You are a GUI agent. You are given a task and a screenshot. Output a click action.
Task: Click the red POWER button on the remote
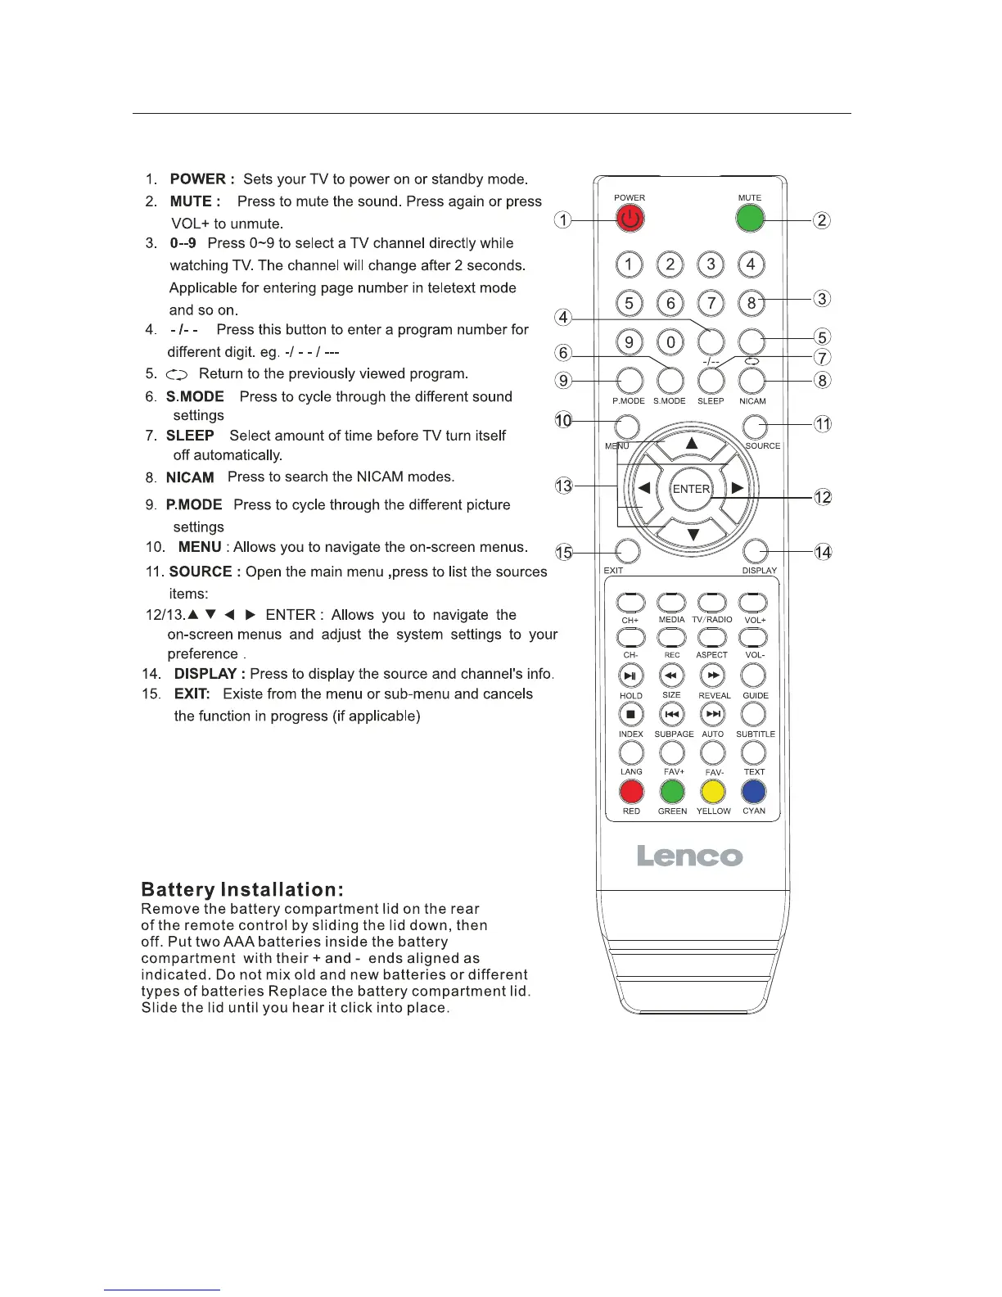(630, 219)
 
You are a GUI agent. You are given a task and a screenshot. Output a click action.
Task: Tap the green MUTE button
(750, 218)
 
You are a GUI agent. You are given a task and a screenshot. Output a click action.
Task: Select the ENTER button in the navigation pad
(691, 489)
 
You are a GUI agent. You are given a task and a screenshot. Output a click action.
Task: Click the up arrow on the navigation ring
(692, 444)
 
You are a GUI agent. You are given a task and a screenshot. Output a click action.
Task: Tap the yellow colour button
(713, 792)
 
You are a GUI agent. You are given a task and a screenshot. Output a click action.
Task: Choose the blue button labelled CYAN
(753, 792)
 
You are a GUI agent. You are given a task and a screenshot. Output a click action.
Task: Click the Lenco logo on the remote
(690, 856)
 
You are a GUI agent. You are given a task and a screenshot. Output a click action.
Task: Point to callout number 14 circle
(823, 552)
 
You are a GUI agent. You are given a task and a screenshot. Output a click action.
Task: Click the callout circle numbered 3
(823, 299)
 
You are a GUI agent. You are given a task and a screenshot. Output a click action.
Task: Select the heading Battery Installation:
(242, 890)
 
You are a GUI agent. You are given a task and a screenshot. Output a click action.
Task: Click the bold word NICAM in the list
(190, 477)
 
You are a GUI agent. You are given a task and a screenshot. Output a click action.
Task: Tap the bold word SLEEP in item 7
(190, 436)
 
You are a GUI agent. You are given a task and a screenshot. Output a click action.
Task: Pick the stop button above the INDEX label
(630, 714)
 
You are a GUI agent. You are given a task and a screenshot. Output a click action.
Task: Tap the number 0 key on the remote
(670, 342)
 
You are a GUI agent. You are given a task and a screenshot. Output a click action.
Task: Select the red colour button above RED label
(631, 792)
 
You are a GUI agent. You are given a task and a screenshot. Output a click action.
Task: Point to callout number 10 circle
(563, 421)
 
